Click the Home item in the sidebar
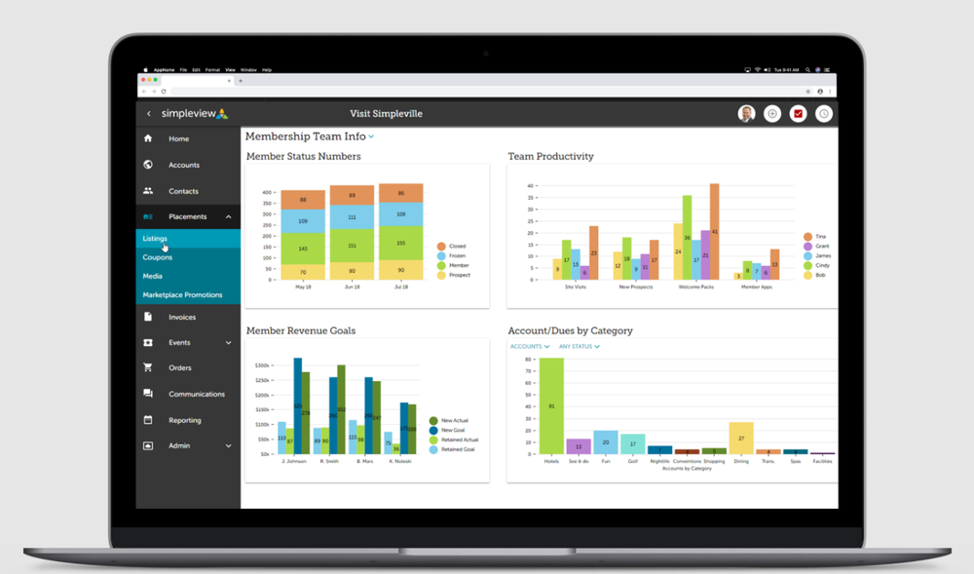178,139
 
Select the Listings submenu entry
155,239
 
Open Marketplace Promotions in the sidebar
182,295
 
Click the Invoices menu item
181,318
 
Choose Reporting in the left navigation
184,421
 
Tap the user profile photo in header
747,114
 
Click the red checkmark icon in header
798,114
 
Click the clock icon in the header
824,114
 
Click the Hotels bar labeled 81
551,405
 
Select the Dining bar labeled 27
741,438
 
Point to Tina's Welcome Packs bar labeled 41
714,232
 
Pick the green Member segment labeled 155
400,243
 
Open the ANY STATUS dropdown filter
580,347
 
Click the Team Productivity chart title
550,157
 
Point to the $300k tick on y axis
262,365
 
